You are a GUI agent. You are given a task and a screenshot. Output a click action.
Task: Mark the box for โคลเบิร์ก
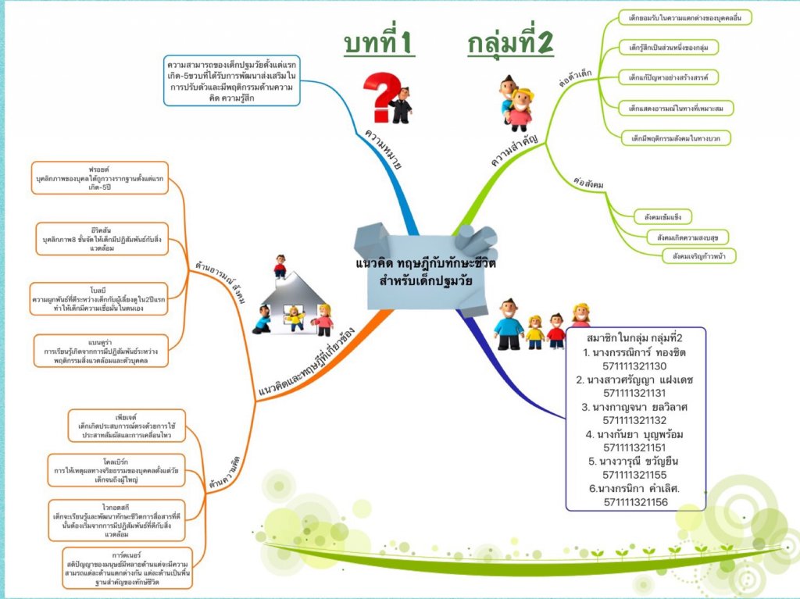point(116,470)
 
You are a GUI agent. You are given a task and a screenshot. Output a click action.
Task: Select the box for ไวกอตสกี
point(115,520)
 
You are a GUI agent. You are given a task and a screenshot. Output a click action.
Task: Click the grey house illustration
point(295,300)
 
